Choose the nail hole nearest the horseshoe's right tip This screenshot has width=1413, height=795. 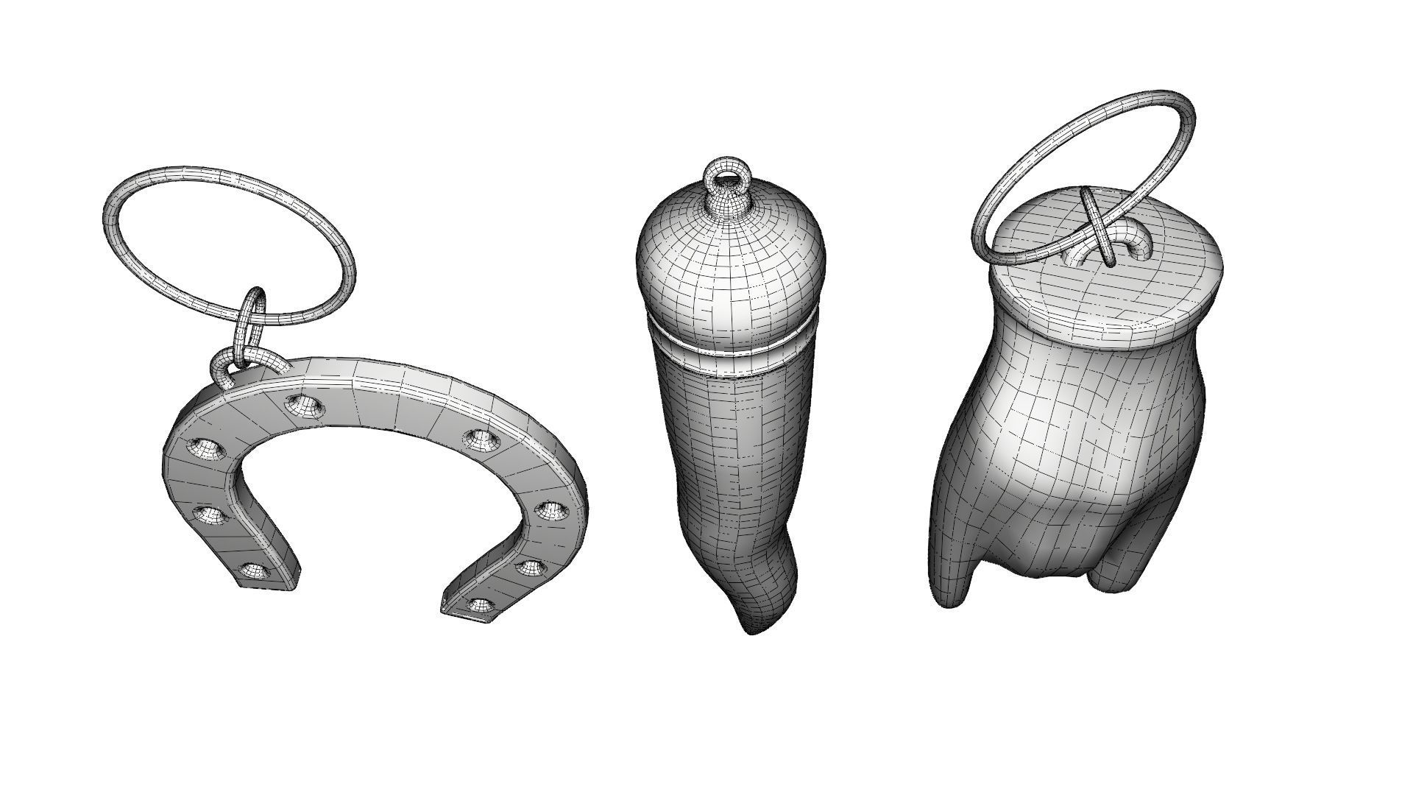pyautogui.click(x=480, y=605)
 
